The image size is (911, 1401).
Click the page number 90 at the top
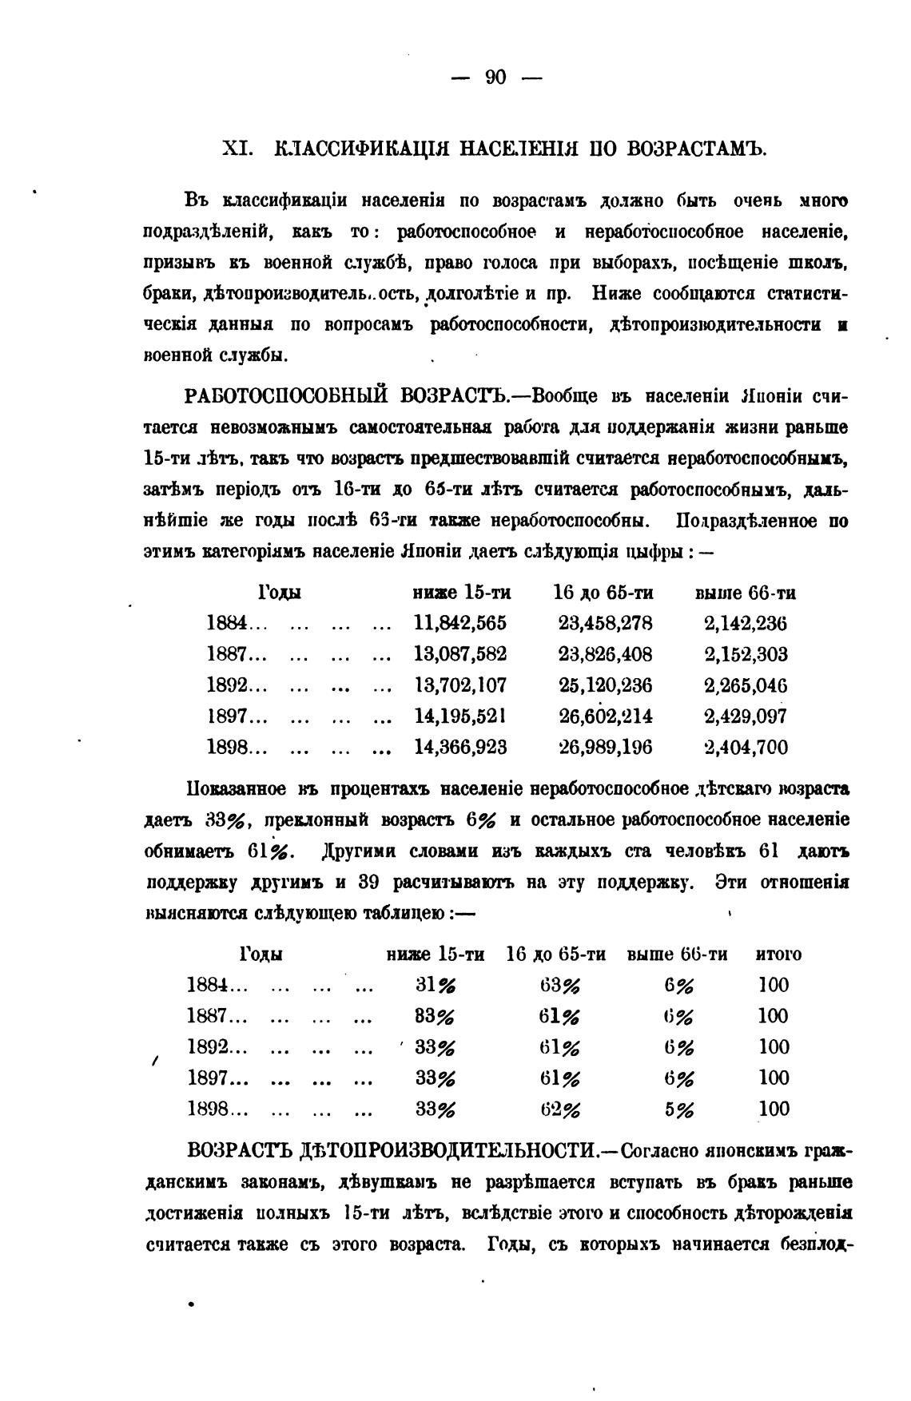(x=495, y=77)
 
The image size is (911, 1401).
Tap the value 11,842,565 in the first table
(x=459, y=623)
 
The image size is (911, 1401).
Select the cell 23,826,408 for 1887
(x=605, y=654)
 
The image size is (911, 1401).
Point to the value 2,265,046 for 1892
(x=746, y=685)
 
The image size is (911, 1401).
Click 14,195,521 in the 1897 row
(x=459, y=716)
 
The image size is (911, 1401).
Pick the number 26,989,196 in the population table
(x=605, y=748)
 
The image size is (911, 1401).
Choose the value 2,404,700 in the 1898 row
(x=746, y=748)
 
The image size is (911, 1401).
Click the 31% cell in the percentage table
(x=436, y=985)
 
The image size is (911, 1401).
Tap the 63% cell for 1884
(x=560, y=985)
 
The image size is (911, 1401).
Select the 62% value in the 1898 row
(x=560, y=1109)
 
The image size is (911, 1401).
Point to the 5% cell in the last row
(x=679, y=1109)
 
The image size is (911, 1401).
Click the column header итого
(x=778, y=954)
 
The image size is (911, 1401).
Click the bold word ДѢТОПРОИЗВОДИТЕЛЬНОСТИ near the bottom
(x=451, y=1151)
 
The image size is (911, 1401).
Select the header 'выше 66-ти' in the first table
(x=745, y=593)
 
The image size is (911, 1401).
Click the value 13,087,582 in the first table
(x=459, y=654)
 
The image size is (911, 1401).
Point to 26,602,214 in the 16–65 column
(x=605, y=716)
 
